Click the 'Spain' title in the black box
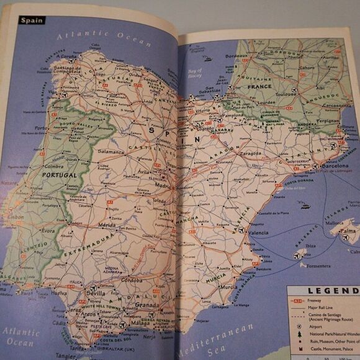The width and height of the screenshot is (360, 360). (32, 20)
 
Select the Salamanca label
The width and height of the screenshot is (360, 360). (110, 151)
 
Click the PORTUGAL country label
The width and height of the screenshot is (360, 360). (58, 175)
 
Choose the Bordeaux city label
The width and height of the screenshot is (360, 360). (236, 56)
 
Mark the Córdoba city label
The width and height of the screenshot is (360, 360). (131, 280)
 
